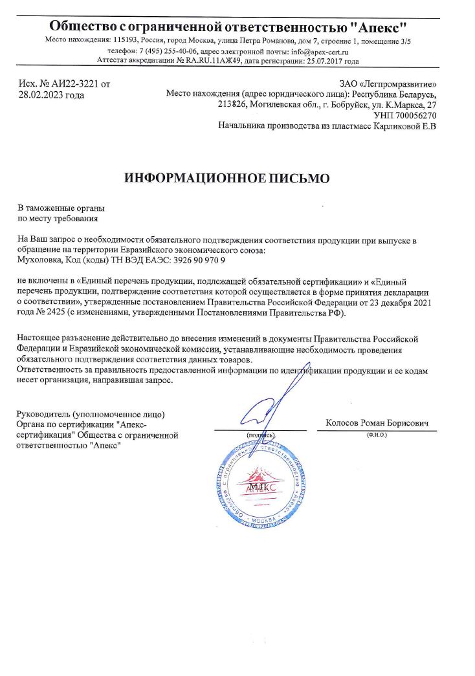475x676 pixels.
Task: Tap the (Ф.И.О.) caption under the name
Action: click(x=376, y=435)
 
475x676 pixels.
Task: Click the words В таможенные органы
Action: click(x=61, y=208)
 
